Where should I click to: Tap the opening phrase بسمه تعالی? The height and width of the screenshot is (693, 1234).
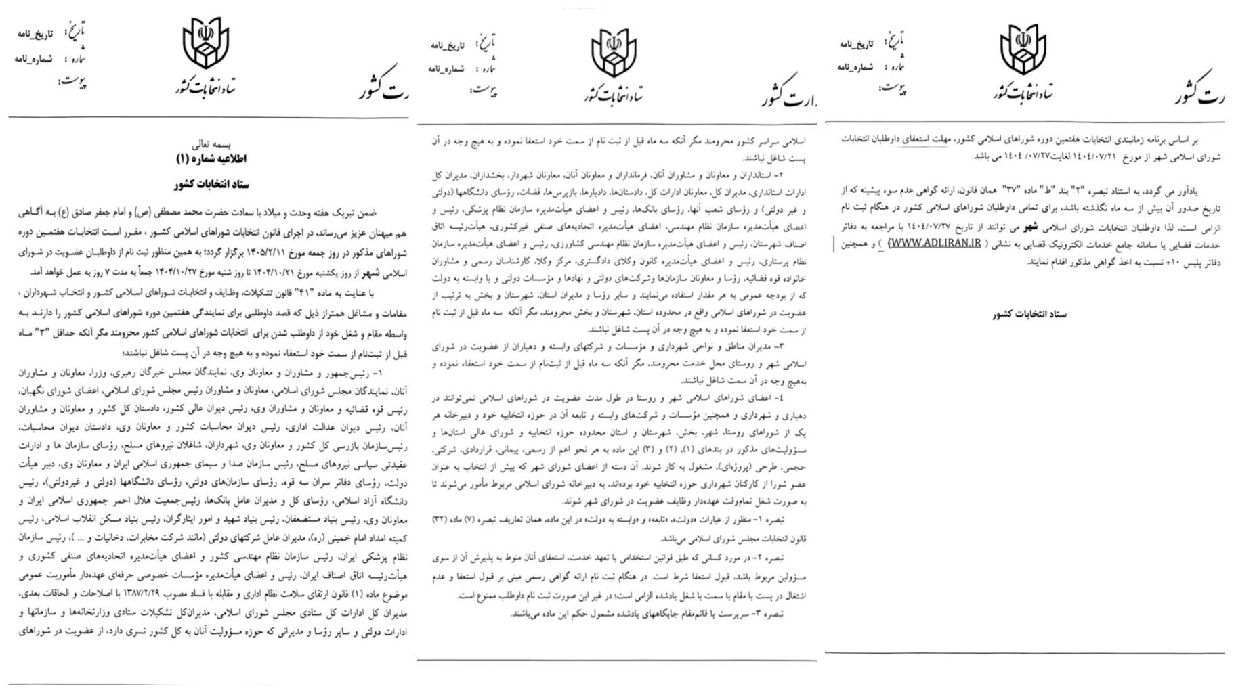211,144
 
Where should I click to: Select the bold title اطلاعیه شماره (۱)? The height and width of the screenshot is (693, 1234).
211,159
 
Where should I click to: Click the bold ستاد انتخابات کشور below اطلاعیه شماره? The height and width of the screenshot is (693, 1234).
211,185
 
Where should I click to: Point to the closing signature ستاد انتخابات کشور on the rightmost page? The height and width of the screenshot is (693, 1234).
1029,314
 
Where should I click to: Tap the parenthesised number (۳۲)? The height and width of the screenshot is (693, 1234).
442,519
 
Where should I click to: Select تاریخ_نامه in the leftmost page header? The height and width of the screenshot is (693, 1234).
35,34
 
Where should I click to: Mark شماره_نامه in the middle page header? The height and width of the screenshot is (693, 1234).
446,69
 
